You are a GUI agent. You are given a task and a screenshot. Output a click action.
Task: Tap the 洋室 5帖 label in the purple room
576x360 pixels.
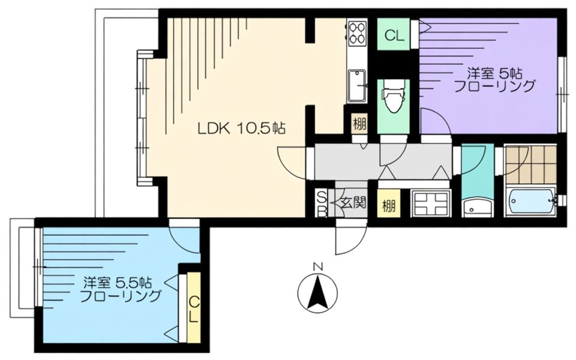494,73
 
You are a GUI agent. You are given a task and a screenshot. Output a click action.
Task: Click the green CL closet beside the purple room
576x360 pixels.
394,34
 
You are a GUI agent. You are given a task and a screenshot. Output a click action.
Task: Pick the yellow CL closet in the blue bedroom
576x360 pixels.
194,307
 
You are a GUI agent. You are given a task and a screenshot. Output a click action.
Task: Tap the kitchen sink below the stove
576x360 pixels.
356,86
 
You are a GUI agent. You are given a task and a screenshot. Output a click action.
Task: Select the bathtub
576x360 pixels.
531,202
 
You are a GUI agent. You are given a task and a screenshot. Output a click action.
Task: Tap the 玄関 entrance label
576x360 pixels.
353,203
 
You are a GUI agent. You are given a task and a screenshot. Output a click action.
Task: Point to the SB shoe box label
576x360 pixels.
322,204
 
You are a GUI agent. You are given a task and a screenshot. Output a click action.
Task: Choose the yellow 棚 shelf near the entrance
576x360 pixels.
389,205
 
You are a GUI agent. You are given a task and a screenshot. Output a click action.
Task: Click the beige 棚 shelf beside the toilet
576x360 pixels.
359,124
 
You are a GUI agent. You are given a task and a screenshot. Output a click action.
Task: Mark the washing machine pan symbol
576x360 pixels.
430,204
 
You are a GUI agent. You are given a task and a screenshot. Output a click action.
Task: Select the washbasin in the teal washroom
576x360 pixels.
477,208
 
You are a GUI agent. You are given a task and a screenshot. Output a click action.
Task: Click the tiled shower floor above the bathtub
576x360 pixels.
531,165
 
